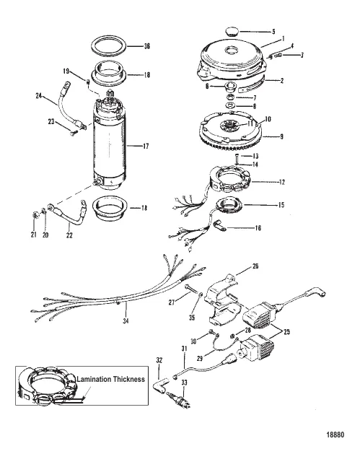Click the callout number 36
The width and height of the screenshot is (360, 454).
[x=147, y=45]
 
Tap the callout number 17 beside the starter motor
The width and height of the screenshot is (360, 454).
[x=146, y=147]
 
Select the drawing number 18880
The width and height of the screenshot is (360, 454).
[x=335, y=435]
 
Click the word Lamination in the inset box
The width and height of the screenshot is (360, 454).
[x=94, y=379]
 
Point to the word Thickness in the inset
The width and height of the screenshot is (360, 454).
[x=129, y=379]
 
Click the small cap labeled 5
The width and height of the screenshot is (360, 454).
[x=232, y=31]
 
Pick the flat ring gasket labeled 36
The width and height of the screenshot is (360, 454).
[x=109, y=45]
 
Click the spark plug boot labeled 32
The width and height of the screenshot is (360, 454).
[x=161, y=386]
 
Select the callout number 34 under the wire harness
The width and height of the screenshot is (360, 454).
[x=126, y=320]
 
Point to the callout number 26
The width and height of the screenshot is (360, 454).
[x=255, y=266]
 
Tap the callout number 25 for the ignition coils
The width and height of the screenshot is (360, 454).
[x=286, y=331]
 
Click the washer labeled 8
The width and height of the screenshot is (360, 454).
[x=230, y=105]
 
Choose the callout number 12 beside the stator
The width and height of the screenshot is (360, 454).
[x=281, y=182]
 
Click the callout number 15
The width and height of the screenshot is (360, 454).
[x=281, y=205]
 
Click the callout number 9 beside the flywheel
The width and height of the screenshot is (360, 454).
[x=281, y=136]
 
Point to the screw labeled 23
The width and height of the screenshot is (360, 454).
[x=73, y=133]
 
